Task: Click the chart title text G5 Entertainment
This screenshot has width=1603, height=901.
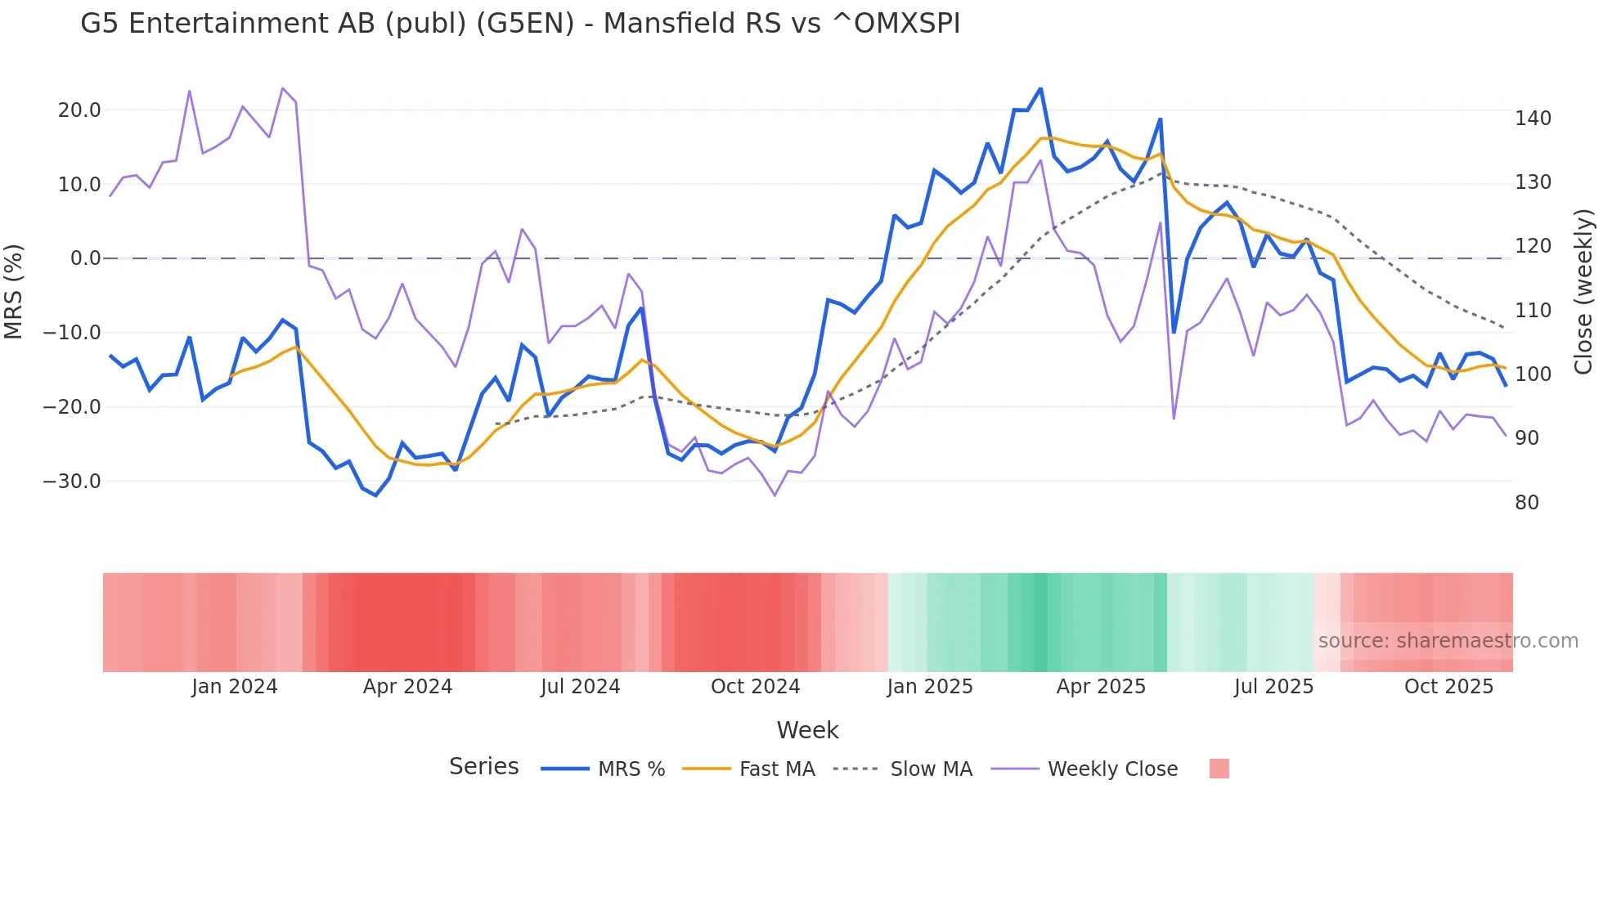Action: coord(520,24)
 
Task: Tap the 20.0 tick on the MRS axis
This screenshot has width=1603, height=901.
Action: coord(79,110)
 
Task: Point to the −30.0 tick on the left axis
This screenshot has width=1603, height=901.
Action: coord(72,482)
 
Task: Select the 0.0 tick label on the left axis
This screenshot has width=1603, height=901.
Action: coord(85,258)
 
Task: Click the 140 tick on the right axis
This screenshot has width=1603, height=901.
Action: coord(1533,119)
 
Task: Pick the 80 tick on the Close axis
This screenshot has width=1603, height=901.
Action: coord(1527,503)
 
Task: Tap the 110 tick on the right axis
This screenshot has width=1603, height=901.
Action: coord(1533,311)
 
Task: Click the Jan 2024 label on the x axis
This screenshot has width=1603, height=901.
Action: coord(235,687)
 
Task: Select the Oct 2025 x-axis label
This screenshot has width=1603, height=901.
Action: coord(1448,687)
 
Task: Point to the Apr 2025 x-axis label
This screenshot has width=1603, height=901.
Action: coord(1101,687)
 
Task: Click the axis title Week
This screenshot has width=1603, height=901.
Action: coord(807,730)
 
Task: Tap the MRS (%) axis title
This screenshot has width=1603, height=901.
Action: coord(14,292)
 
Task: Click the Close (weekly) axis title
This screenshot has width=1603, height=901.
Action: coord(1584,292)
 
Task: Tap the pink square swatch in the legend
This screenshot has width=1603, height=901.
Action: coord(1219,769)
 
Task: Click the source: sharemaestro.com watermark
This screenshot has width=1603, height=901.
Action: coord(1448,641)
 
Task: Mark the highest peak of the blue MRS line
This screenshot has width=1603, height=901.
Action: coord(1040,88)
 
